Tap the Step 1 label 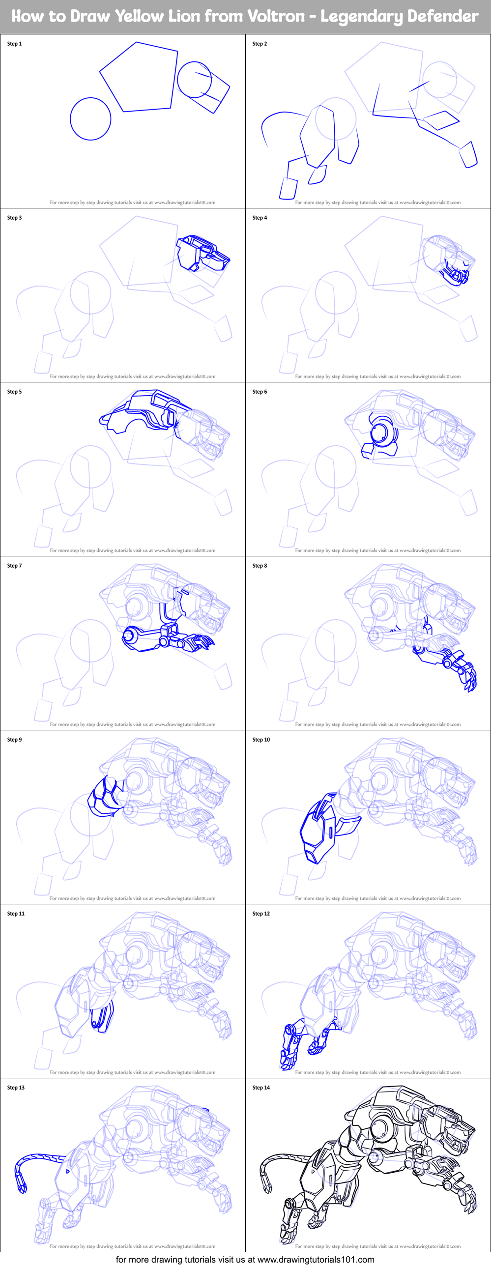coord(14,44)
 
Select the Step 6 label coord(260,392)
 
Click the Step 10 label coord(261,739)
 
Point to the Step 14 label coord(261,1088)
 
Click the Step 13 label coord(16,1088)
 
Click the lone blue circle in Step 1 coord(90,118)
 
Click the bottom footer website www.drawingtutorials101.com coord(316,1260)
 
